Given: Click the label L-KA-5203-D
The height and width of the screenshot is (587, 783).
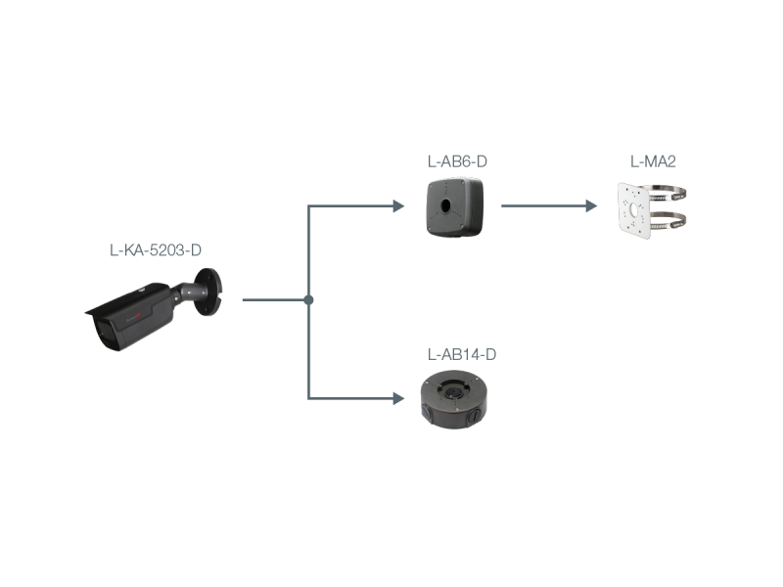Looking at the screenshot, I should click(156, 250).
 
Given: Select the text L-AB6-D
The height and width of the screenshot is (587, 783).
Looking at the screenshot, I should click(456, 160).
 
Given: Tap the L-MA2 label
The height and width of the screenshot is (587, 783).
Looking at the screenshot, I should click(653, 160).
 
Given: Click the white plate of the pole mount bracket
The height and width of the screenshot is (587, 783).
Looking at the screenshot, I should click(637, 208).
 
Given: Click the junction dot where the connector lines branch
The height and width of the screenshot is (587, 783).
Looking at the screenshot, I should click(308, 299).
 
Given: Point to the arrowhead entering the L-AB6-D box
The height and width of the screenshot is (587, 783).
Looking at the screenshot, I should click(397, 206).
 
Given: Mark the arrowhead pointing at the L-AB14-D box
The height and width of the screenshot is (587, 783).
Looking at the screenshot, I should click(397, 398).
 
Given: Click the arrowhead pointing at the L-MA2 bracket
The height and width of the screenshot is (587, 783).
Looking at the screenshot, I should click(591, 206).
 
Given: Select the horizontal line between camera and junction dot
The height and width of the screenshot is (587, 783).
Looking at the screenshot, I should click(274, 299).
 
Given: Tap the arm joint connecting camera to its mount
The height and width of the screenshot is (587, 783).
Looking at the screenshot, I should click(187, 292).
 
